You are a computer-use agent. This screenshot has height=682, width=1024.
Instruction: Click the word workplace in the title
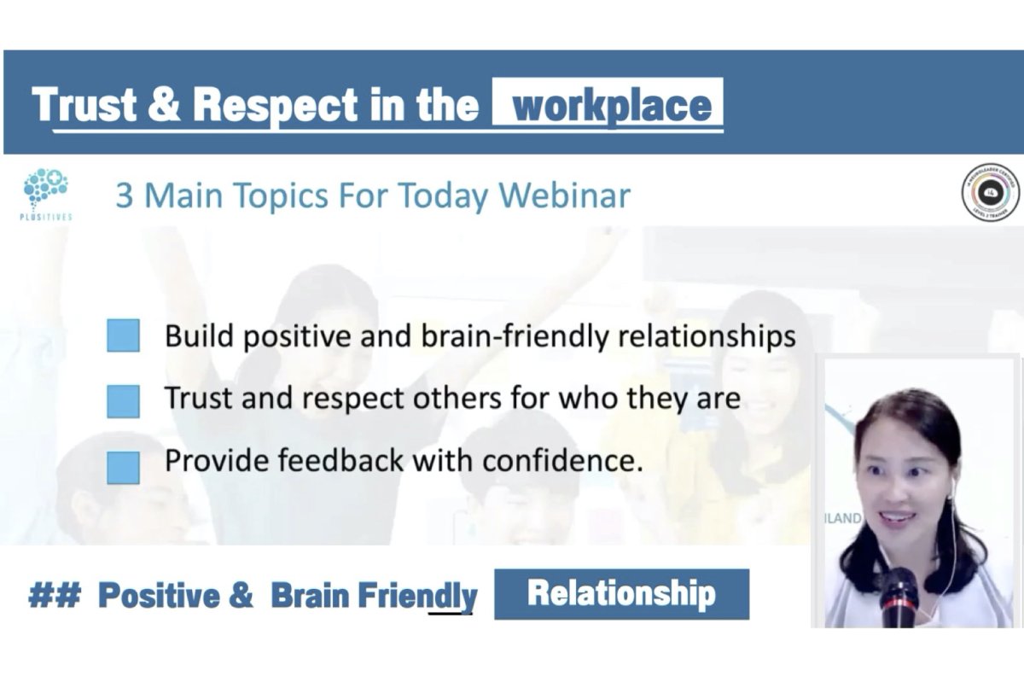click(611, 105)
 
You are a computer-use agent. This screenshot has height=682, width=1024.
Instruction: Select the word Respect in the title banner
click(275, 105)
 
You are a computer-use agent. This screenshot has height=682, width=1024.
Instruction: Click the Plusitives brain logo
click(45, 190)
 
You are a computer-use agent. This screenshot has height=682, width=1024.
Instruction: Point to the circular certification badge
click(990, 193)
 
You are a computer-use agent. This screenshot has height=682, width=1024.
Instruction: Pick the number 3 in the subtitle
click(125, 195)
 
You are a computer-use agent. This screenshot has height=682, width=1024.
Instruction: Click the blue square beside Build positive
click(124, 335)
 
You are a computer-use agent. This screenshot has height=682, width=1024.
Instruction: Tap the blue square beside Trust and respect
click(124, 400)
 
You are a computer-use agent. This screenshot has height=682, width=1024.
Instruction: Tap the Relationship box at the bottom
click(621, 593)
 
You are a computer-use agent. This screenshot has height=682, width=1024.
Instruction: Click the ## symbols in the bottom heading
click(54, 595)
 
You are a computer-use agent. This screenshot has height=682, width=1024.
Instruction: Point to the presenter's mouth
click(902, 519)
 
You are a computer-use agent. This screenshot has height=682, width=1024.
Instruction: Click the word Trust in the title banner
click(84, 105)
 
